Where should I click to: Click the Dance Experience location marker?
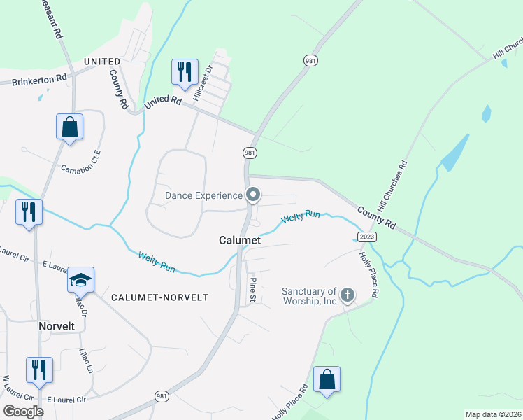[x=254, y=195]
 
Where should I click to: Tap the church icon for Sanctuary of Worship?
[x=348, y=295]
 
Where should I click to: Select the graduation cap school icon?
[x=81, y=281]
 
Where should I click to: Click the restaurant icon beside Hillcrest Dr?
[x=185, y=72]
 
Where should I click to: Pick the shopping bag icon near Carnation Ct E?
[x=69, y=127]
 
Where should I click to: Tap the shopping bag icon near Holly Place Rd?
[x=327, y=380]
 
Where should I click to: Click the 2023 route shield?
[x=366, y=237]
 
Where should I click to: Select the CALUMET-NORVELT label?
[x=160, y=297]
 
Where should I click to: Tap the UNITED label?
[x=102, y=62]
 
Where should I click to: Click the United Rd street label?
[x=163, y=102]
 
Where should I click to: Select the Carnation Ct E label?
[x=81, y=160]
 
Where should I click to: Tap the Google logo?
[x=23, y=412]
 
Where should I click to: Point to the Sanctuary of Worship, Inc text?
[x=310, y=296]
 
